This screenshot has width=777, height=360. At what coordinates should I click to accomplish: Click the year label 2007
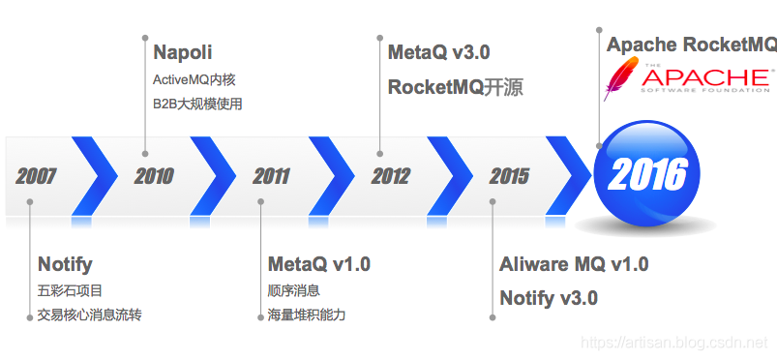click(36, 176)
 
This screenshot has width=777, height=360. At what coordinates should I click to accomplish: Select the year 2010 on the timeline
click(154, 176)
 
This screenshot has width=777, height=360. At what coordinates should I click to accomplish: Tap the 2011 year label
click(272, 176)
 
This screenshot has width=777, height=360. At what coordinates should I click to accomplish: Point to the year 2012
click(390, 176)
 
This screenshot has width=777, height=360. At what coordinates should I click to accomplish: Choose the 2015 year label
click(509, 176)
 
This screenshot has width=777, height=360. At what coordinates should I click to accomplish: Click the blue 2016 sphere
click(646, 174)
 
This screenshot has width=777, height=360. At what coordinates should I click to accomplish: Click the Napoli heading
click(183, 52)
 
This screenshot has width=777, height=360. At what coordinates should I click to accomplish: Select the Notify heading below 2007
click(65, 264)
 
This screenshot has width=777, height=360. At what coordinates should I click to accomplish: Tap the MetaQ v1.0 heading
click(318, 264)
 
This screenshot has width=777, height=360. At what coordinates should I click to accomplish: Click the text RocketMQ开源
click(455, 87)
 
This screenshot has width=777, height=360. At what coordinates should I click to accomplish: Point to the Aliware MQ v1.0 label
click(574, 264)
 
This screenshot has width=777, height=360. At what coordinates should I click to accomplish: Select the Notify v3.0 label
click(549, 298)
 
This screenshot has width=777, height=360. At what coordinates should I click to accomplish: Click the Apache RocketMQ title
click(691, 45)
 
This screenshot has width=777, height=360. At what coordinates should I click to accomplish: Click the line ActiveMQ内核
click(194, 80)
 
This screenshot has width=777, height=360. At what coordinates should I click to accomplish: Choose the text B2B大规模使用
click(197, 104)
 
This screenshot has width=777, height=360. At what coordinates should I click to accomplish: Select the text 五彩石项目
click(70, 290)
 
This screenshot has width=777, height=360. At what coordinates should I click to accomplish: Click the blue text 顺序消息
click(293, 290)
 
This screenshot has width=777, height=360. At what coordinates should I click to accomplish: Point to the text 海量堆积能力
click(306, 315)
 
